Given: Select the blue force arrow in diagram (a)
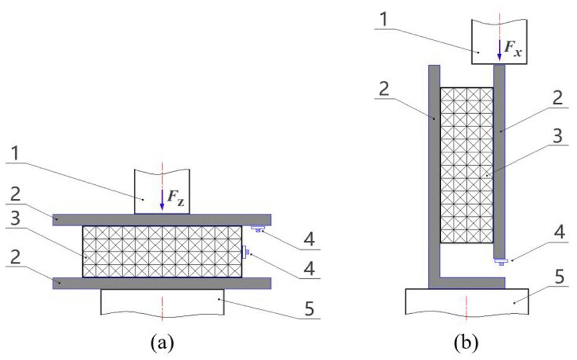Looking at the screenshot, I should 162,200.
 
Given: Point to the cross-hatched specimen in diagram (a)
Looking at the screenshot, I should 162,251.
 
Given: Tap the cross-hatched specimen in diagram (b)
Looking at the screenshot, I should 466,165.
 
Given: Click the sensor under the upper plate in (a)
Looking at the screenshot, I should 257,229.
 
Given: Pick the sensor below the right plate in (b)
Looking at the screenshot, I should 501,262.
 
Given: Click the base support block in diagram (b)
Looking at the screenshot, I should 466,301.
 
